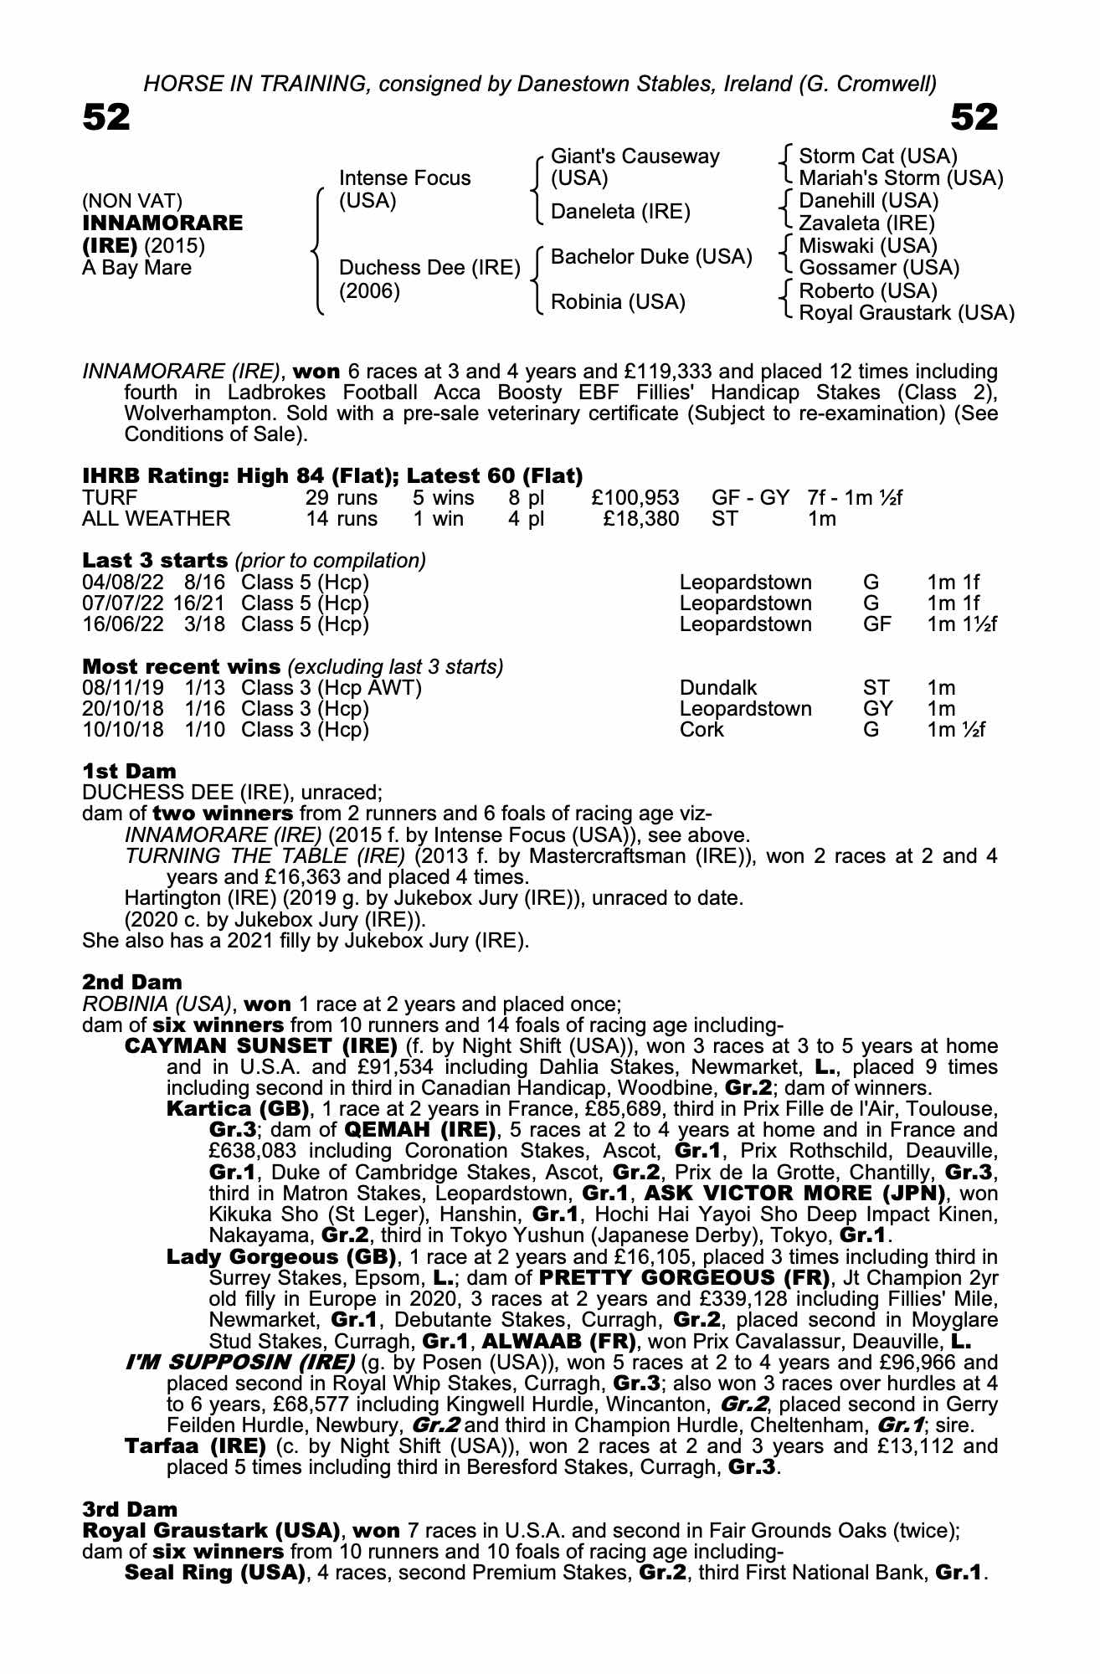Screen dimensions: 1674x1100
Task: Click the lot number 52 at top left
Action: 106,118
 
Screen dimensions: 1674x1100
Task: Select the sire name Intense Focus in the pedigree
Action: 404,178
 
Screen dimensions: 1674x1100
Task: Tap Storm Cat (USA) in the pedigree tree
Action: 877,157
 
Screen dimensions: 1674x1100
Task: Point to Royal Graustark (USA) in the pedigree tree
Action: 906,313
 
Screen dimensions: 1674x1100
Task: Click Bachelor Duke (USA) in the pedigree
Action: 650,257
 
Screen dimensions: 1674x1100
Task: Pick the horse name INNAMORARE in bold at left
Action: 162,223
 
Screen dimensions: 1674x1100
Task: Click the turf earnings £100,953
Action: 635,499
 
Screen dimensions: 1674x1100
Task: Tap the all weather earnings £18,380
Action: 640,519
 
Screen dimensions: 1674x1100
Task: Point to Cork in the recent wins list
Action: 702,730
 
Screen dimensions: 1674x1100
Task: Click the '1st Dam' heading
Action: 129,771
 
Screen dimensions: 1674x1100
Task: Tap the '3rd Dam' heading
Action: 130,1509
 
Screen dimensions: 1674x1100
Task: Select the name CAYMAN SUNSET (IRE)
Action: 260,1046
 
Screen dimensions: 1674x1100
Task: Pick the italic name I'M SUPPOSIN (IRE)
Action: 239,1362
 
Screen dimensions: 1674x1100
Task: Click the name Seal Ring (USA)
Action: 214,1572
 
